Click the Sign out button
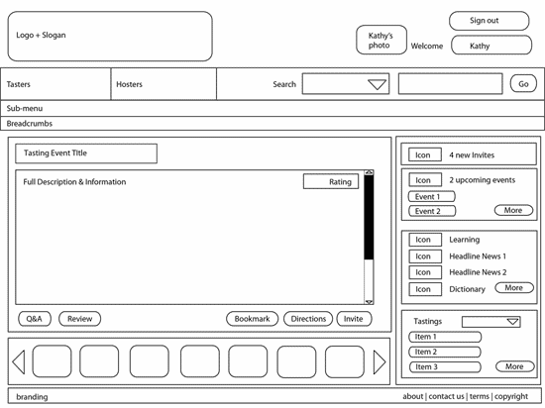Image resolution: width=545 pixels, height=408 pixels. [490, 21]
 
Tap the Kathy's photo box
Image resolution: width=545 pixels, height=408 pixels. [381, 40]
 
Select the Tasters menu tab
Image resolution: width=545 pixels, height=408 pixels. [55, 84]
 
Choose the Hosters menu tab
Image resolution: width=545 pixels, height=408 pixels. [163, 84]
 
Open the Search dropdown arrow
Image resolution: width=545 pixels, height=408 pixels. [378, 84]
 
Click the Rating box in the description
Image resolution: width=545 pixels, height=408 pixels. [331, 181]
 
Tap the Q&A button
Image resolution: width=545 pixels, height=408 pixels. [35, 319]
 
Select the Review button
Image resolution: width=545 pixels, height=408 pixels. [79, 319]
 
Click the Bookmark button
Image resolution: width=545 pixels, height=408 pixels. [252, 319]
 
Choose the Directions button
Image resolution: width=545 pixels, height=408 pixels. [308, 319]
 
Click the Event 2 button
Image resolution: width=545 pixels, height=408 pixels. [432, 211]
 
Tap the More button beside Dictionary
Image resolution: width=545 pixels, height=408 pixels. [514, 288]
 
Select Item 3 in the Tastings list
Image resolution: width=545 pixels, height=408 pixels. [445, 367]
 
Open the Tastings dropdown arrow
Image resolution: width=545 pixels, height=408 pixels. [512, 322]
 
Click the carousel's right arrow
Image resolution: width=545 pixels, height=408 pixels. [380, 362]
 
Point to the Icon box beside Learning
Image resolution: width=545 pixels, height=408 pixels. [425, 240]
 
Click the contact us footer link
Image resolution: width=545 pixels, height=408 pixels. [446, 396]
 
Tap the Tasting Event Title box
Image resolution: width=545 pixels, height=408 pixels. [86, 153]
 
